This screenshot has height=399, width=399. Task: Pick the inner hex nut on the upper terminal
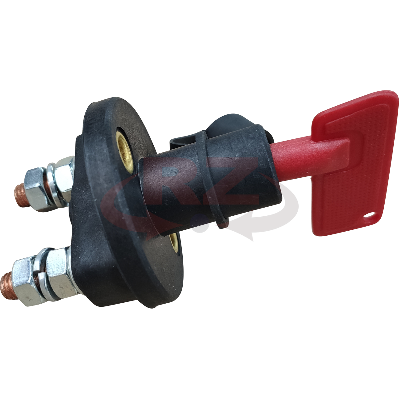pyautogui.click(x=63, y=178)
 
